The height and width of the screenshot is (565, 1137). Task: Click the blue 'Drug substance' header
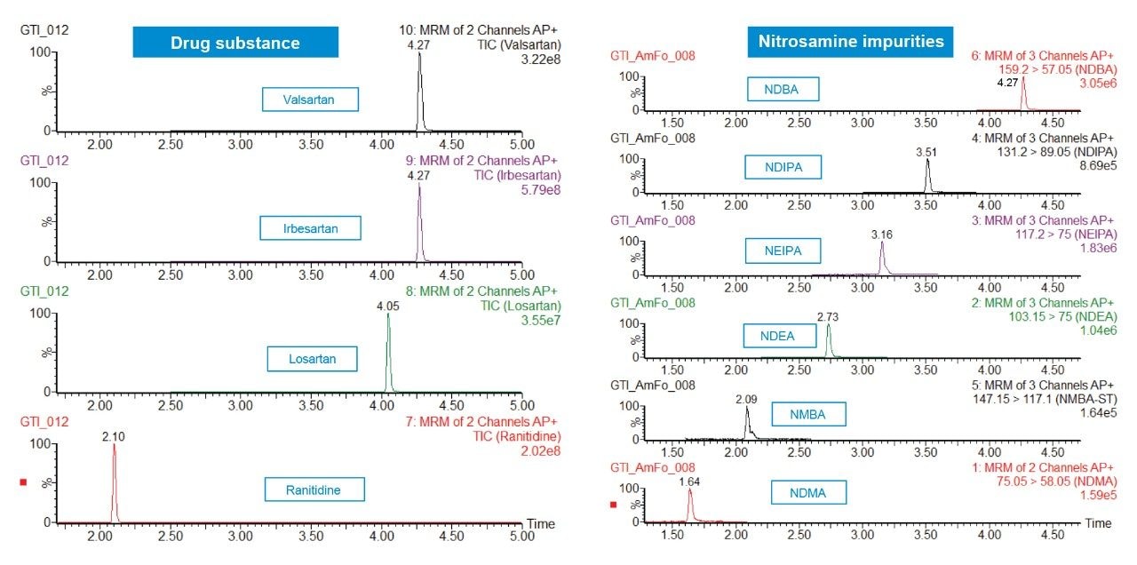(x=235, y=43)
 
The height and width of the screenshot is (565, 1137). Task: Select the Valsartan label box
(x=310, y=99)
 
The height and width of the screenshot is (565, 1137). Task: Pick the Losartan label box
(x=312, y=359)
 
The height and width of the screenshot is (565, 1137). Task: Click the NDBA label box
(x=781, y=89)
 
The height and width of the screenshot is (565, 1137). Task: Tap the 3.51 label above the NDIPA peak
(x=926, y=152)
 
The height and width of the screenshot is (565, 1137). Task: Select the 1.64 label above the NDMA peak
(x=689, y=481)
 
